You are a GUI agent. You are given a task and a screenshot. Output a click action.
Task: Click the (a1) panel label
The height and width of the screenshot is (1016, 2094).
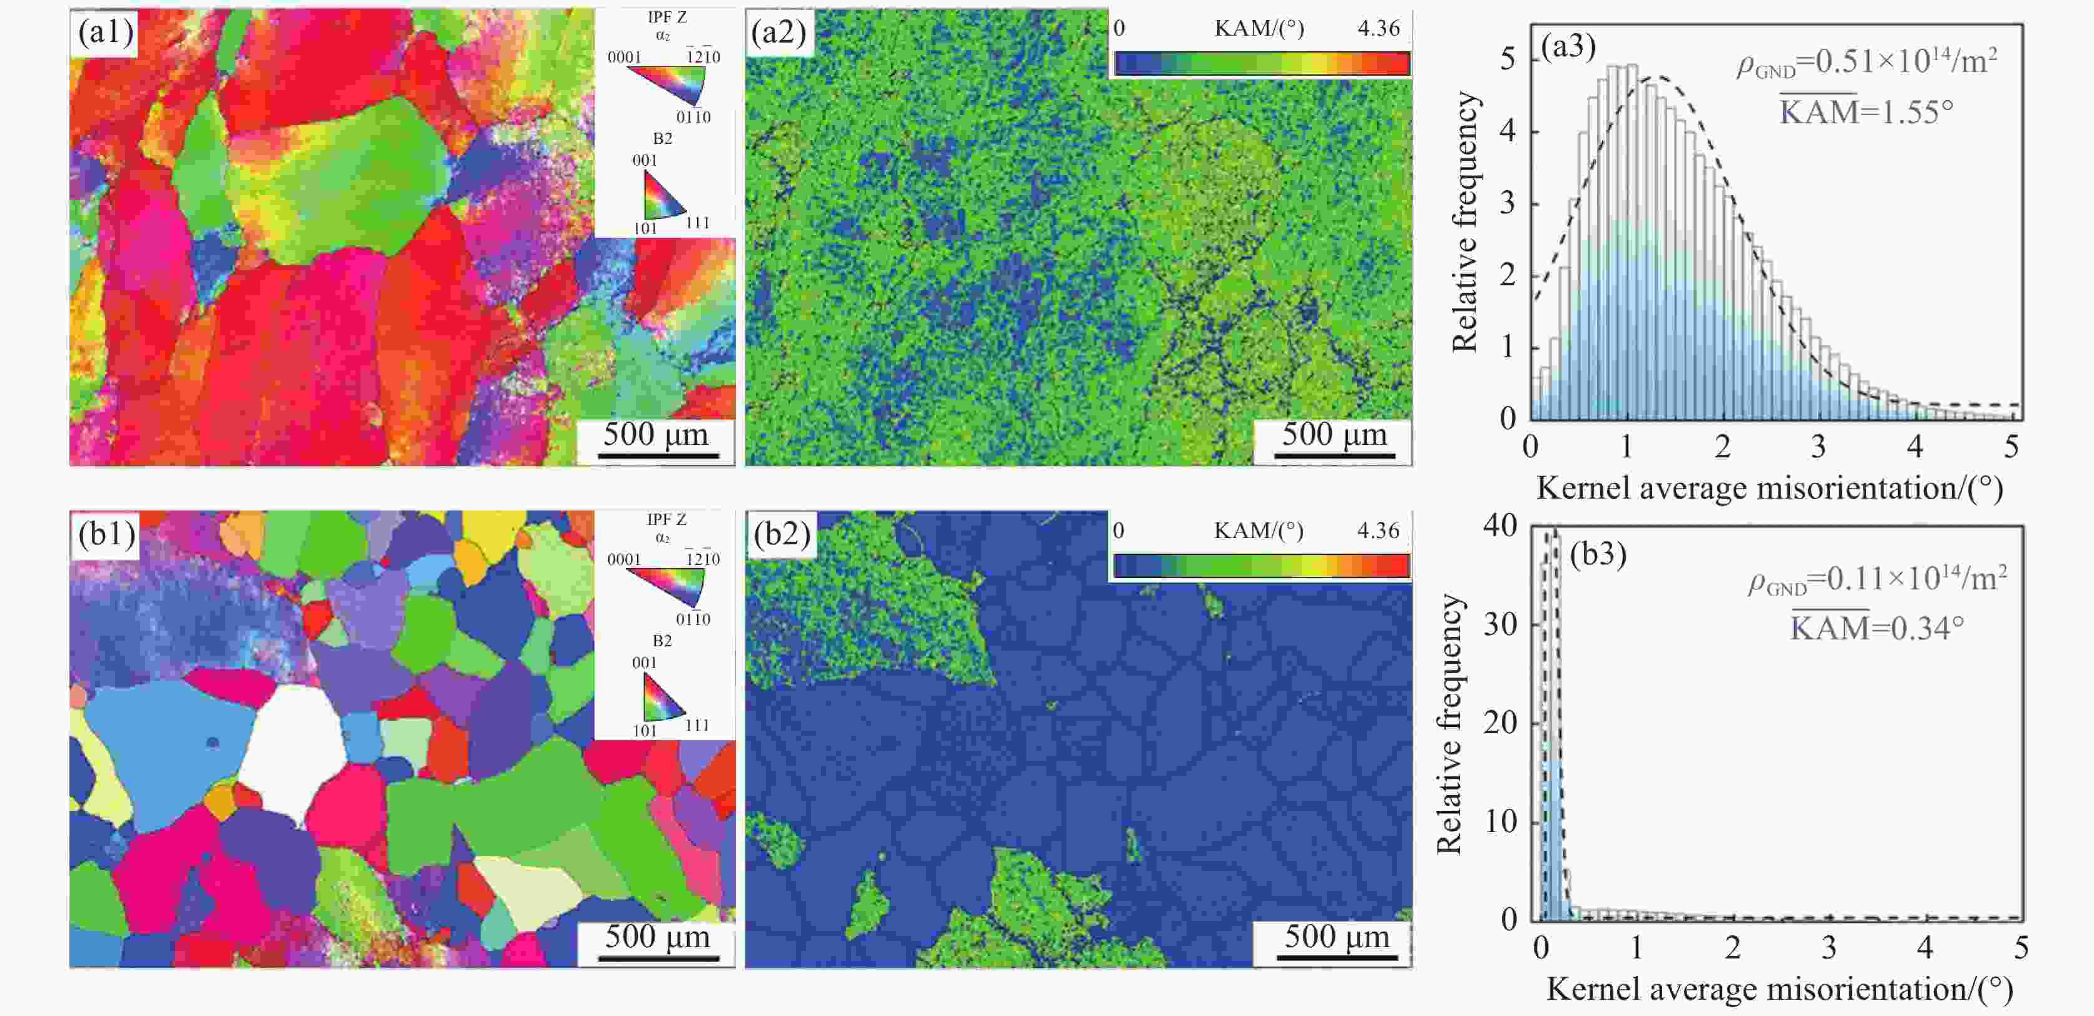coord(106,33)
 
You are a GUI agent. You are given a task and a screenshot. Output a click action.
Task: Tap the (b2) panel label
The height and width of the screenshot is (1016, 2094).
coord(781,535)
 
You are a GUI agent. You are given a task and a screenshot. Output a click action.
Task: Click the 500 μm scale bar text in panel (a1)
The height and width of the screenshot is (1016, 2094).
coord(655,434)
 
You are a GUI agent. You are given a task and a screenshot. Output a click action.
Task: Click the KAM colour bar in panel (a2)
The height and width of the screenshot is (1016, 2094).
coord(1262,63)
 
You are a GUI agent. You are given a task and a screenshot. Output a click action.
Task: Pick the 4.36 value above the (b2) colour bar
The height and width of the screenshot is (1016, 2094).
coord(1379,531)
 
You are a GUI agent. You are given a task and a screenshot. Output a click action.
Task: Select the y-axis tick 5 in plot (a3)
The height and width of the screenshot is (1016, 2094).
coord(1508,59)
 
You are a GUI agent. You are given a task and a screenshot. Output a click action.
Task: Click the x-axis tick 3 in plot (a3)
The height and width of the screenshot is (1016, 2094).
coord(1819,446)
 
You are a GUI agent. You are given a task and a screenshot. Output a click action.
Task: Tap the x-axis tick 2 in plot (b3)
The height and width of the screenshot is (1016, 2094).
coord(1733,947)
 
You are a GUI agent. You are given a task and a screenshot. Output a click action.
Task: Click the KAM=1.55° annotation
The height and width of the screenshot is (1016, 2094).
coord(1866,111)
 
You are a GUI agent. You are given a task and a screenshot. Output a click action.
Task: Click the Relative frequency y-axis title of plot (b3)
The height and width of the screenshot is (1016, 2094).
coord(1449,723)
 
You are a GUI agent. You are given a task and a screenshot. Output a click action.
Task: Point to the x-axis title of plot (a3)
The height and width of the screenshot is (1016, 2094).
coord(1770,489)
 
